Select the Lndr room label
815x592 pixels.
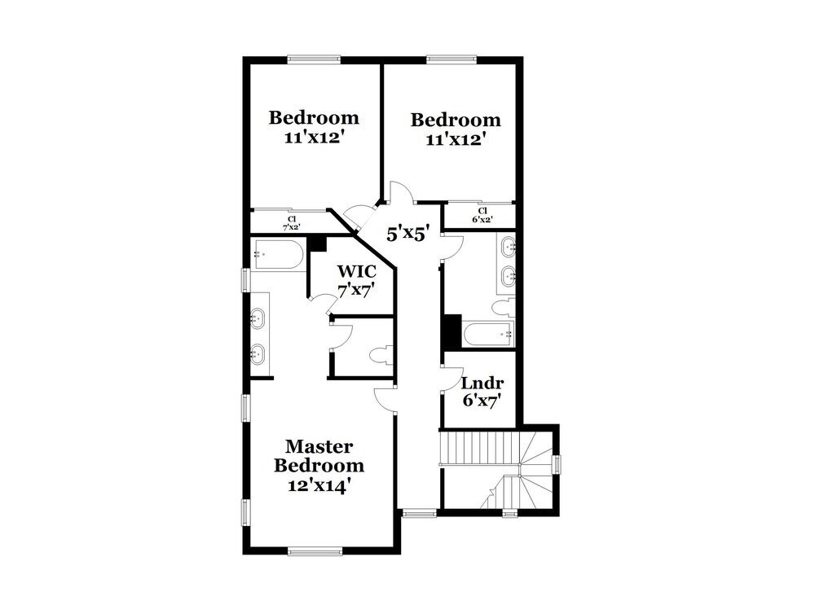click(x=482, y=384)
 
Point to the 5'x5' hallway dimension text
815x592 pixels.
click(x=407, y=235)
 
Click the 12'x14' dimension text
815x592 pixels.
click(x=319, y=485)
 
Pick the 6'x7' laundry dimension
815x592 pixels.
click(x=481, y=401)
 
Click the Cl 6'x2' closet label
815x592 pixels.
click(x=482, y=215)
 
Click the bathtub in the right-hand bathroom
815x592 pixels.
click(x=487, y=332)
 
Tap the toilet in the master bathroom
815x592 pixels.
click(x=381, y=355)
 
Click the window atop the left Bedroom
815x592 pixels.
click(x=315, y=58)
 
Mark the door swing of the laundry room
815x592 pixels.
click(x=451, y=381)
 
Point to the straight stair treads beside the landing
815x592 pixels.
click(x=469, y=449)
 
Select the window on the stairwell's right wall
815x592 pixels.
click(x=557, y=464)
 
